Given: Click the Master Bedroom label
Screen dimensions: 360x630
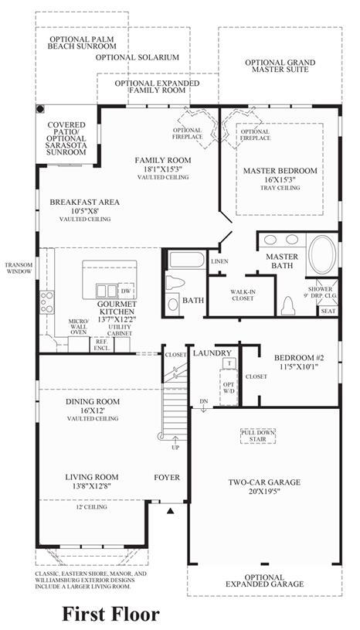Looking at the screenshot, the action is [280, 171].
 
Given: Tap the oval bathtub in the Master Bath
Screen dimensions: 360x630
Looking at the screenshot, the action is [322, 254].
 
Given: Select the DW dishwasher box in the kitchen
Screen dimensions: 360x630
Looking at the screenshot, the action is [126, 291].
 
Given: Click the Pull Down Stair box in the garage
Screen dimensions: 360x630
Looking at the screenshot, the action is [258, 436].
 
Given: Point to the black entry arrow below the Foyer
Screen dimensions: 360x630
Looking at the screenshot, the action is [171, 511].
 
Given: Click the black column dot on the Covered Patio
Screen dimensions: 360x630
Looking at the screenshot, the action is [40, 109].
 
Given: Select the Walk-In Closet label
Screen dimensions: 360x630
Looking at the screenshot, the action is [243, 295].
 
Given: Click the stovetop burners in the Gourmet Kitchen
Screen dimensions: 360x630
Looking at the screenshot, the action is [46, 301].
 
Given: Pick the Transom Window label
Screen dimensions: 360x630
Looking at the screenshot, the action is [19, 268].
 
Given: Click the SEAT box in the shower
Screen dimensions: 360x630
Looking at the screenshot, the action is [328, 311].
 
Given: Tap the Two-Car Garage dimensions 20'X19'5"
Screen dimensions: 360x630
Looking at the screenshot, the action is [264, 491].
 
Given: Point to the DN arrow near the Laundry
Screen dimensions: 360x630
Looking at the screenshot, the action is [204, 406].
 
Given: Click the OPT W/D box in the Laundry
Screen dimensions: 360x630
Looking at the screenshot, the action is [229, 387].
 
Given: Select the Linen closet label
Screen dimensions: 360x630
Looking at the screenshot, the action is [219, 261].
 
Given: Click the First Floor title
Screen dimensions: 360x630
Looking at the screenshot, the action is [110, 614].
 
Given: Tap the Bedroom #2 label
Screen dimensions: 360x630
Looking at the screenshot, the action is [299, 358].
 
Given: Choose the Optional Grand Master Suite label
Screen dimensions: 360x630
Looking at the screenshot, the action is [280, 66].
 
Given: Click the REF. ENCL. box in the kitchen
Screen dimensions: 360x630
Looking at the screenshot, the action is [102, 345].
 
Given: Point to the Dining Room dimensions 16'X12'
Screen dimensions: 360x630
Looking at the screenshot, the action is [92, 410].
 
